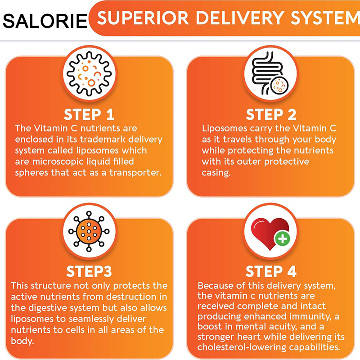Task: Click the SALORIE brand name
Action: (45, 21)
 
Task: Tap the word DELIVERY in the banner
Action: (240, 18)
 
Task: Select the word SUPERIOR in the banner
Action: (143, 18)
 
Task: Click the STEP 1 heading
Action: (89, 114)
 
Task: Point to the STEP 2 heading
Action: (271, 114)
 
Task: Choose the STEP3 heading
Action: (89, 271)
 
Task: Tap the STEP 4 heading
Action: (271, 271)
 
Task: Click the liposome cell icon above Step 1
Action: (89, 74)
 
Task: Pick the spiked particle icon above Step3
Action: (89, 231)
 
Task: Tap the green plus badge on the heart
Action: (283, 239)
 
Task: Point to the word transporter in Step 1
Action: (135, 173)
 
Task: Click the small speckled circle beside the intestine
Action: (279, 86)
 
